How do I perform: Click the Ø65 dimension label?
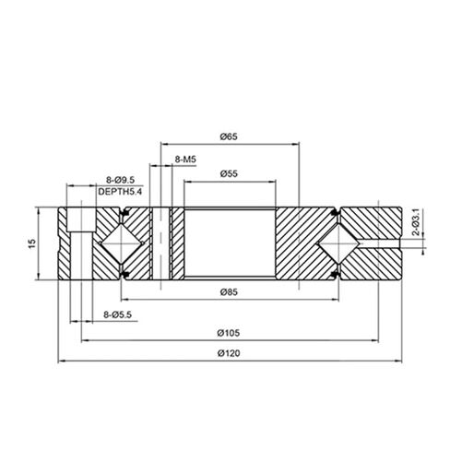pos(230,136)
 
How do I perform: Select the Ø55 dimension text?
pos(231,174)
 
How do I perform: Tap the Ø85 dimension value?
pos(231,294)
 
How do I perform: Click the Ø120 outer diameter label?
pos(231,354)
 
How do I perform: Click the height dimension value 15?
pos(31,243)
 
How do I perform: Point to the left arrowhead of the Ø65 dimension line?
pos(164,145)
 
